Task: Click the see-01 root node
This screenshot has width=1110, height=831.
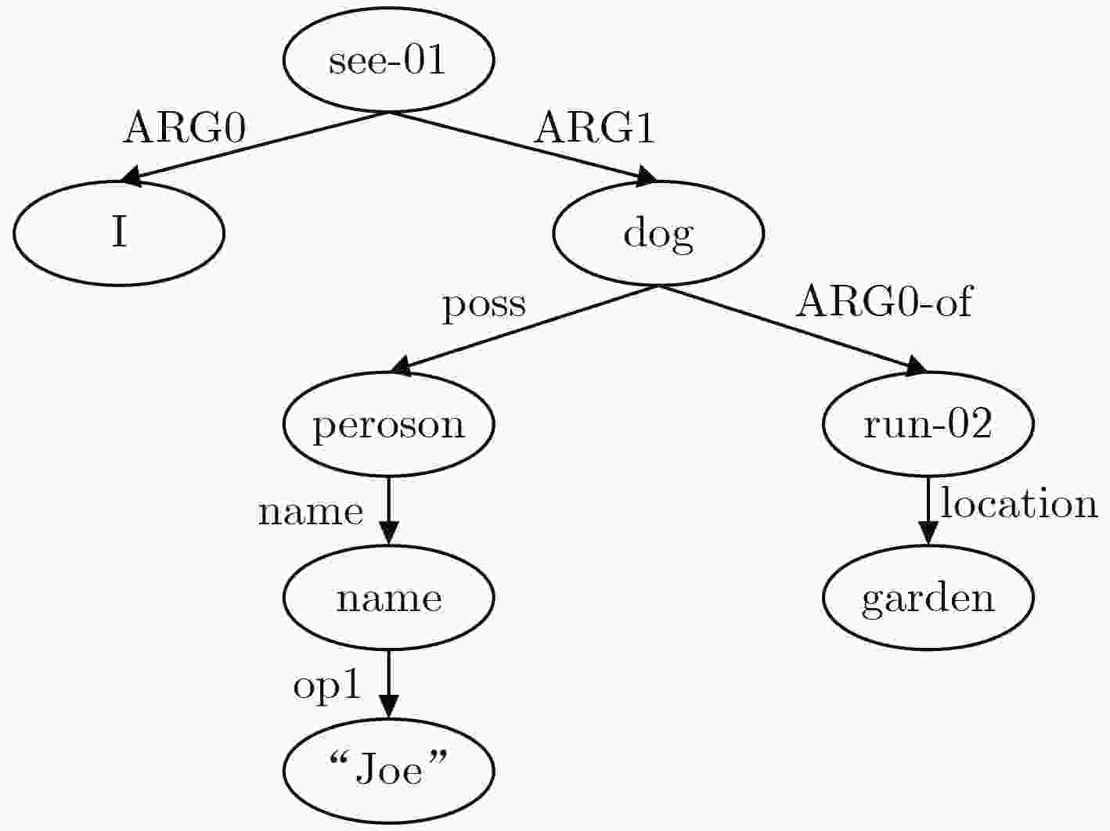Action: point(388,59)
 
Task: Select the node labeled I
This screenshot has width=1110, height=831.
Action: point(119,233)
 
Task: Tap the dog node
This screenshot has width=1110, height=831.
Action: point(658,233)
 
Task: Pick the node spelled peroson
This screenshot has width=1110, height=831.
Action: point(388,424)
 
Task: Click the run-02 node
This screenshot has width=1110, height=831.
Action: point(928,424)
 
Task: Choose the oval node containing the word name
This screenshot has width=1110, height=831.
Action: point(388,598)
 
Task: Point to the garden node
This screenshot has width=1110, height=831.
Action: point(928,598)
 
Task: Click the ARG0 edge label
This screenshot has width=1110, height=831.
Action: point(185,128)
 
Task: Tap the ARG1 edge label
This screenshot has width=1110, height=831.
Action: point(595,128)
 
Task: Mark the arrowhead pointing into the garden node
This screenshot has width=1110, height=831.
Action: point(928,534)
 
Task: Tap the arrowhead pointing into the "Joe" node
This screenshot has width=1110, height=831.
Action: point(388,707)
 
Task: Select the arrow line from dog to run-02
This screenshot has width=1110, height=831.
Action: point(792,331)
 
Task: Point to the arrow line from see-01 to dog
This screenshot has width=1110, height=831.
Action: point(523,146)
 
